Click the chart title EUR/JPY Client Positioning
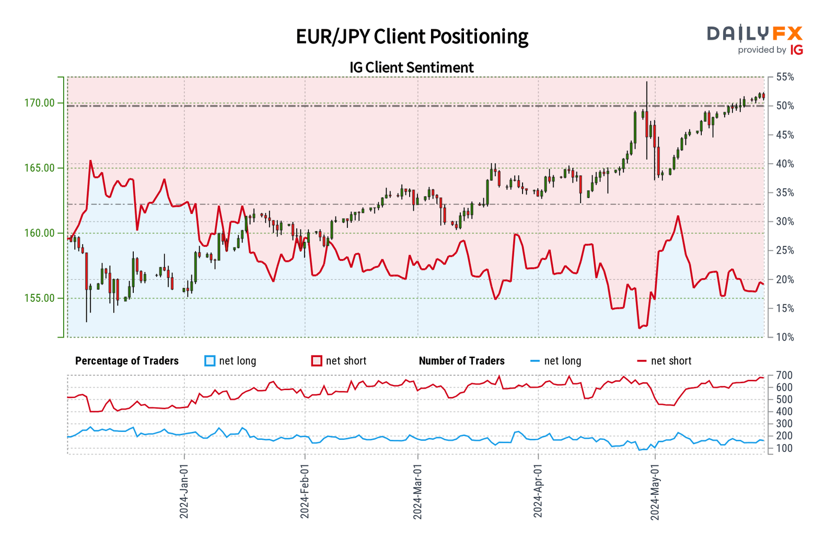412,37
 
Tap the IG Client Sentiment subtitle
411,67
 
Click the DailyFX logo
754,40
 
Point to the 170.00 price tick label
39,103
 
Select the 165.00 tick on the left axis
39,168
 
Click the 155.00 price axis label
39,298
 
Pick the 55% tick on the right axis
785,77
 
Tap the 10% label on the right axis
785,337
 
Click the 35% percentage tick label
785,193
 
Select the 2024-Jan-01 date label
184,492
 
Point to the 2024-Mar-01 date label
417,492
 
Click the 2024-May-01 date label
655,492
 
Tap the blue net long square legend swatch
210,361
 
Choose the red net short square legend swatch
316,361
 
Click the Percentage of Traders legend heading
127,361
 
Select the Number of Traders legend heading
461,361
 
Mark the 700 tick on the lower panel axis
784,375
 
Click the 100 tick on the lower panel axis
784,449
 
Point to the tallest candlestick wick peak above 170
646,82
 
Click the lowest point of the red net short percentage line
639,328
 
